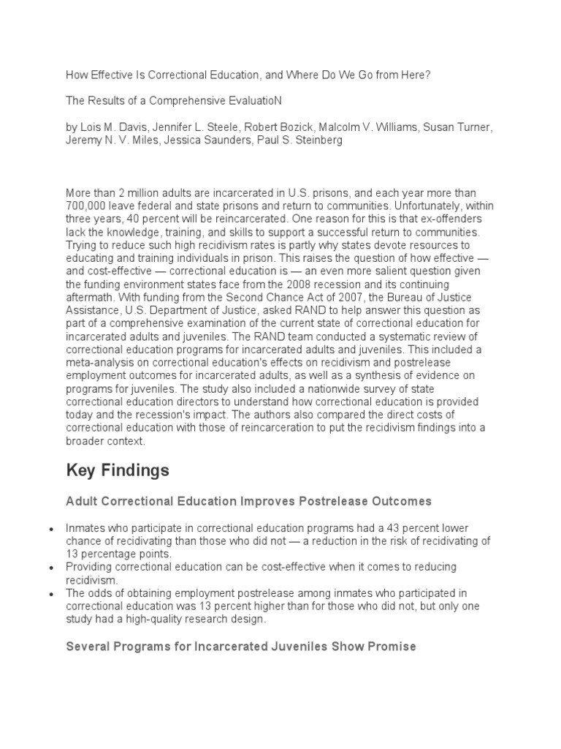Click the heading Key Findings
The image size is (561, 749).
click(x=117, y=470)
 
